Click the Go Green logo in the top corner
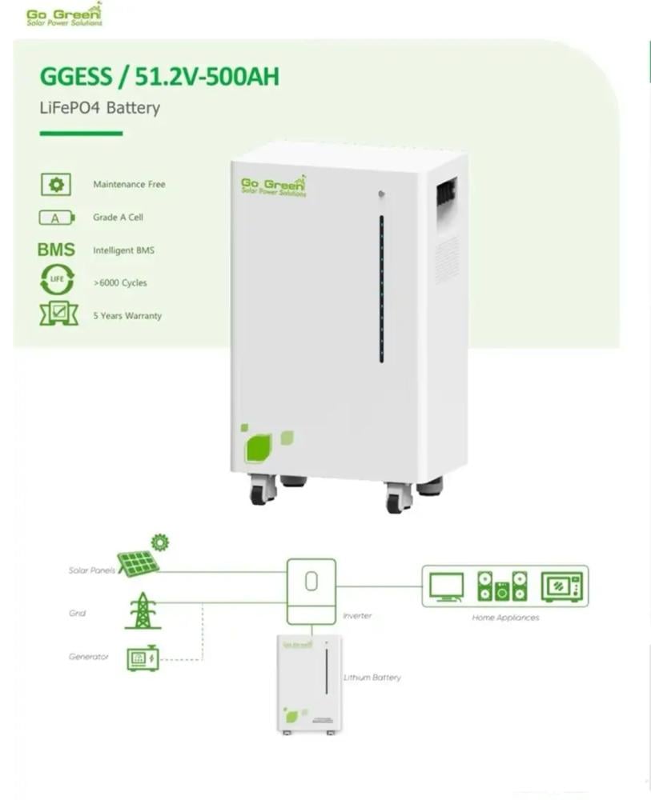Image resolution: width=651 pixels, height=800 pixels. pos(64,14)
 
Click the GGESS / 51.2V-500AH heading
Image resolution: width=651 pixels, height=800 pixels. pos(159,78)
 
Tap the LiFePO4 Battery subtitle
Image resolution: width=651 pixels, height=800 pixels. pos(100,108)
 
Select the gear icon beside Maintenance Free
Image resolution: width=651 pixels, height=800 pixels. pos(56,185)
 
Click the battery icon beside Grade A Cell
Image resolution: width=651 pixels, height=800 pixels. pos(56,218)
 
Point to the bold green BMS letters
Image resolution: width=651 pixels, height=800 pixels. pos(56,250)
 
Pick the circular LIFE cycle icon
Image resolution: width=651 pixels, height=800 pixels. pos(56,282)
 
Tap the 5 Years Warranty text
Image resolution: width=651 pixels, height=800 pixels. pos(127,316)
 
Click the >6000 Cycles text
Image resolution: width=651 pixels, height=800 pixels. pos(120,283)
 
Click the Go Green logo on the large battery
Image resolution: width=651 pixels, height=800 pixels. pos(273,186)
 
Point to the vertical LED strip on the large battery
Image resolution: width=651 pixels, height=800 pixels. pos(381,288)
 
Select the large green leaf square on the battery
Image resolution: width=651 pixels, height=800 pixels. pos(258,446)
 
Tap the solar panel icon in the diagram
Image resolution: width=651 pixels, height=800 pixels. pos(138,562)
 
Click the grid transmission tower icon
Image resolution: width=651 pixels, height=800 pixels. pos(142,610)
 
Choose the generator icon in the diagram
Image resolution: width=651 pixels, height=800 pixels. pos(143,658)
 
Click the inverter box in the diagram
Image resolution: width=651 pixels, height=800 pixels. pos(311,590)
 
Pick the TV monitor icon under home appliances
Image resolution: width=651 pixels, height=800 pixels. pos(446,586)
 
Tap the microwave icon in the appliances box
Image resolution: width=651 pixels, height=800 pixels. pos(562,586)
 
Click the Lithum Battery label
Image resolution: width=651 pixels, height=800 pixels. pos(372,678)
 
